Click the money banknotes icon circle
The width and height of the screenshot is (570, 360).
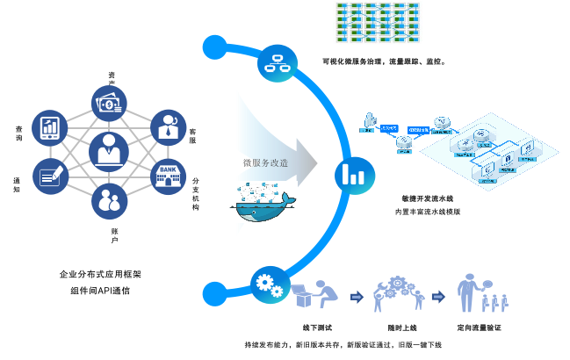109,104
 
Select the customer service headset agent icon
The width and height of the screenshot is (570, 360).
168,127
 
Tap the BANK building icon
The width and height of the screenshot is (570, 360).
168,176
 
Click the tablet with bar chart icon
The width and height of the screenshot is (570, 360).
50,127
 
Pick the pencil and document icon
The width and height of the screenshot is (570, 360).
50,176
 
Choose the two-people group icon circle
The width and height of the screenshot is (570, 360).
109,201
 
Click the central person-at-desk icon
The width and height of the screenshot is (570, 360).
109,152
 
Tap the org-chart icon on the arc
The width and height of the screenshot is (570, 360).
278,63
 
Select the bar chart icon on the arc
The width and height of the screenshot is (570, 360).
355,175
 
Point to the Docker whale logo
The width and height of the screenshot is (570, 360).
263,203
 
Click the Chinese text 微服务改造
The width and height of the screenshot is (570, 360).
266,162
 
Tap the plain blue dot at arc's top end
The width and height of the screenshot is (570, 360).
214,47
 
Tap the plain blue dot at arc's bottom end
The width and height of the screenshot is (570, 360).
214,293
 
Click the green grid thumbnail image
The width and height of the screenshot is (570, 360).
378,22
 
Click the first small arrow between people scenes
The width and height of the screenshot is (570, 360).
357,297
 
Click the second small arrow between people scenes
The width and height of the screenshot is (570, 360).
438,297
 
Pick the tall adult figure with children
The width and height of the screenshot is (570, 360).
467,292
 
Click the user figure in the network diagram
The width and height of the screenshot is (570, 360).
370,122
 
